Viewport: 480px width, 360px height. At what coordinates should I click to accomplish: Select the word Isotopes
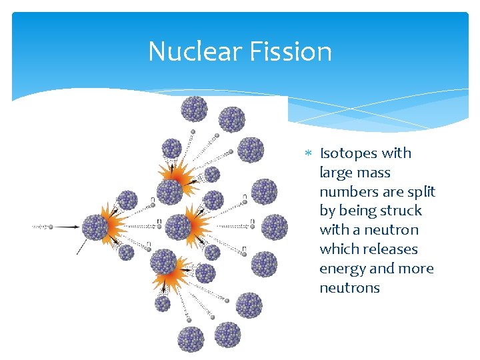point(350,153)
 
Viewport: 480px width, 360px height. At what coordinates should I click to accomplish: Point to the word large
point(337,173)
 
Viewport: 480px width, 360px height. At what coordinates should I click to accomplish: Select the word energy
point(342,269)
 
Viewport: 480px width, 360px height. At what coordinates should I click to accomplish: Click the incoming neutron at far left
point(51,227)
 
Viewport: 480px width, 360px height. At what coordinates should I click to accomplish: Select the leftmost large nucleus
point(95,227)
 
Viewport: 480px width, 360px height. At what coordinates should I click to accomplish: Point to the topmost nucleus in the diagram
point(194,109)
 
